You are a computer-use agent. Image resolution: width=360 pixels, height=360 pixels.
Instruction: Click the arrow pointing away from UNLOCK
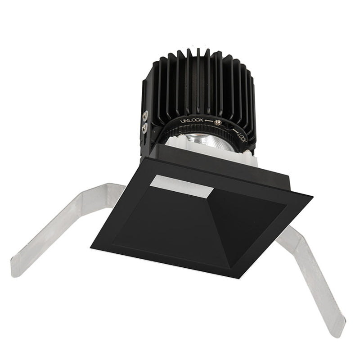point(208,121)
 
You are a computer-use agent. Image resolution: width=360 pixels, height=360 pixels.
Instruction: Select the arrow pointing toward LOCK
point(235,130)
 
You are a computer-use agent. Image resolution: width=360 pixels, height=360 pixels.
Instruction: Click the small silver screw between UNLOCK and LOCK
point(217,122)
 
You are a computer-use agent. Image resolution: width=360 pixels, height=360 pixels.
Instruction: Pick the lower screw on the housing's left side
point(144,128)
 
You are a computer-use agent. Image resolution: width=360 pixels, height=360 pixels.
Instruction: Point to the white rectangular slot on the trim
point(181,186)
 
